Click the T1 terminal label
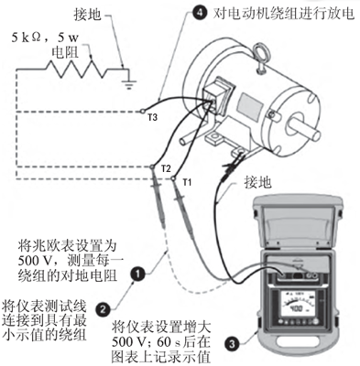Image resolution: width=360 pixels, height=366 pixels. pyautogui.click(x=187, y=182)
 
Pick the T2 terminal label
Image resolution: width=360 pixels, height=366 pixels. pyautogui.click(x=165, y=170)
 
